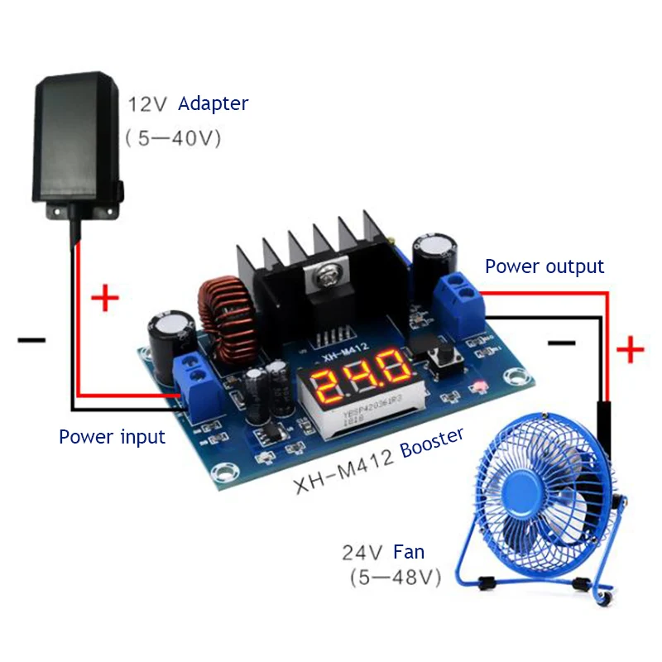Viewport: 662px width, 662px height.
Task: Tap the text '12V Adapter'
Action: (188, 104)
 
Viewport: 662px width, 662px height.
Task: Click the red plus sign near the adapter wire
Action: (104, 298)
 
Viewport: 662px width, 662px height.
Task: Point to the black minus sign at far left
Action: (31, 339)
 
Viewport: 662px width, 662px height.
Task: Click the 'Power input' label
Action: (112, 436)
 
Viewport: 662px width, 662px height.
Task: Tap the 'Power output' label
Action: (544, 266)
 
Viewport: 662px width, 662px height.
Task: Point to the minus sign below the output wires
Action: (561, 341)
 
